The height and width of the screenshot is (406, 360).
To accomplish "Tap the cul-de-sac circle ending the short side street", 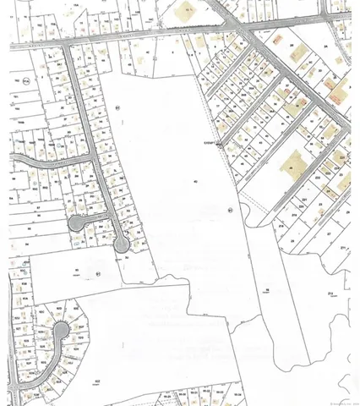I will (78, 222).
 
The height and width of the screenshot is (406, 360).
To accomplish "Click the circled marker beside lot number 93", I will (98, 274).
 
